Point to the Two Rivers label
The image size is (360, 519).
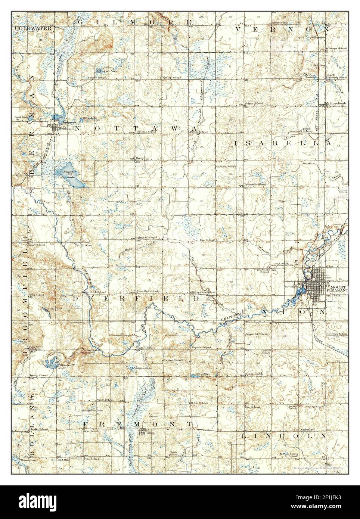(83, 245)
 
